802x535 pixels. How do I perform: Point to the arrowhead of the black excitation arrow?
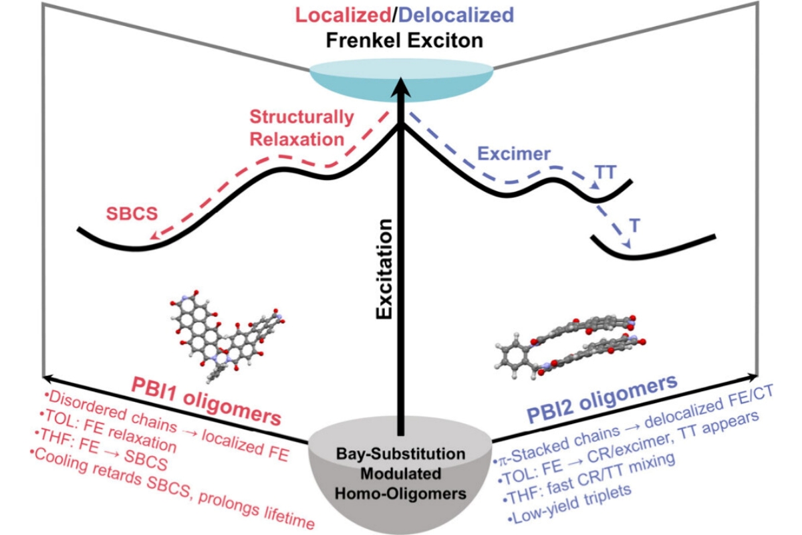[x=401, y=84]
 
